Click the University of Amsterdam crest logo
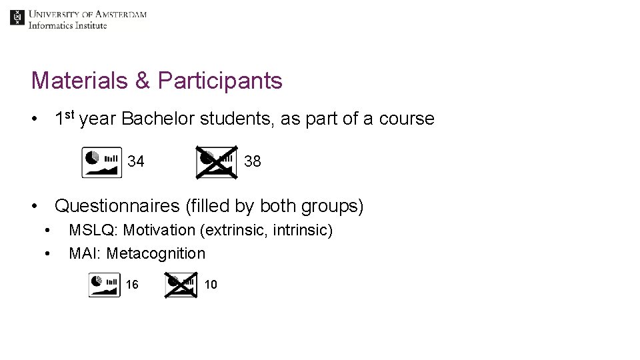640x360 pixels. pyautogui.click(x=17, y=18)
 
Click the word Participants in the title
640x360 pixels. pyautogui.click(x=220, y=81)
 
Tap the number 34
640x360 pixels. pyautogui.click(x=136, y=161)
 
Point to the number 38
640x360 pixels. pyautogui.click(x=253, y=161)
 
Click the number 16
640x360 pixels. pyautogui.click(x=132, y=285)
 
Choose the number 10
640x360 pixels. pyautogui.click(x=211, y=285)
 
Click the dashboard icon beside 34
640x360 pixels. pyautogui.click(x=102, y=162)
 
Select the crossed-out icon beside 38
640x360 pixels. pyautogui.click(x=216, y=162)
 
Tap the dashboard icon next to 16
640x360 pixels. pyautogui.click(x=105, y=285)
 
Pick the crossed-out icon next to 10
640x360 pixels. pyautogui.click(x=181, y=285)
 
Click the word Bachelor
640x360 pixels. pyautogui.click(x=159, y=119)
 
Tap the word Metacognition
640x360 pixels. pyautogui.click(x=156, y=253)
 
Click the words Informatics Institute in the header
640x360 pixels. pyautogui.click(x=67, y=25)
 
